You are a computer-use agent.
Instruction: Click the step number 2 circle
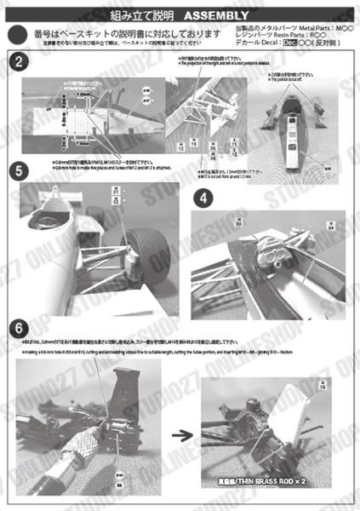[x=20, y=61]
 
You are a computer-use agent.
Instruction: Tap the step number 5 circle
[x=20, y=169]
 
